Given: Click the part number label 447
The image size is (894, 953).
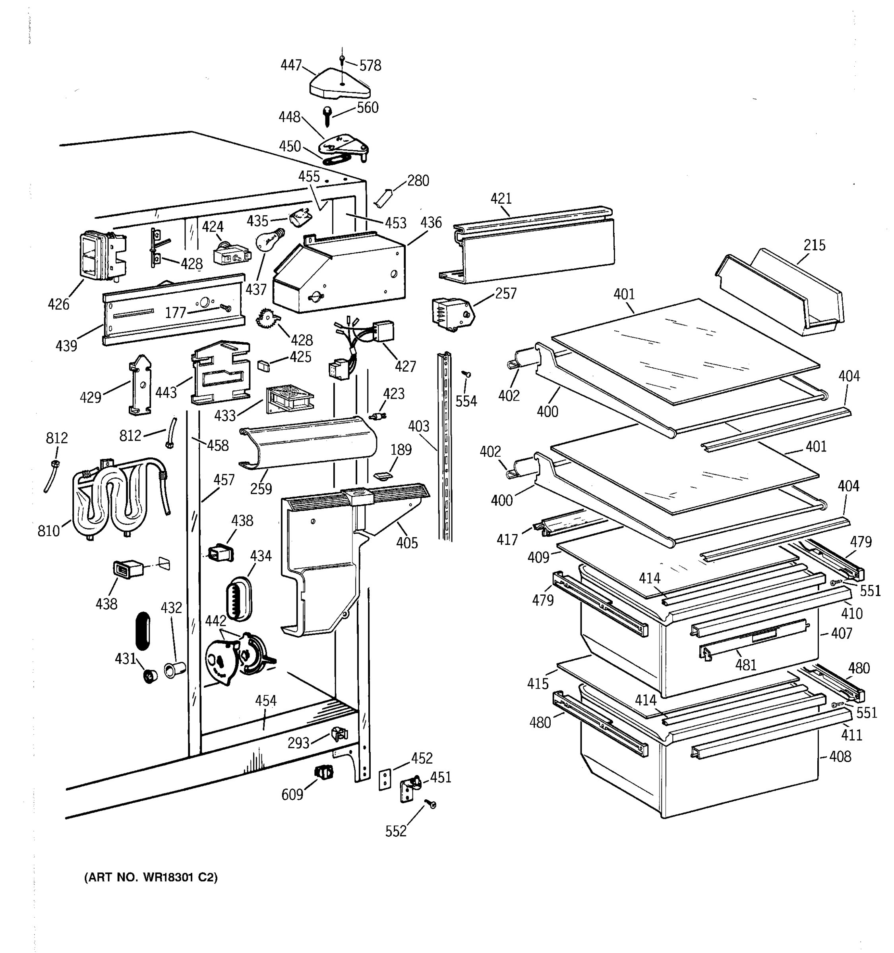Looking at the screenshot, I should tap(290, 65).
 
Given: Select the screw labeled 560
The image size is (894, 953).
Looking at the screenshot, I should tap(327, 116).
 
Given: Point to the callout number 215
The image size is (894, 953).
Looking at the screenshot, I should tap(815, 245).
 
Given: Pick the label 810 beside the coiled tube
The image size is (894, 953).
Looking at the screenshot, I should tap(49, 531).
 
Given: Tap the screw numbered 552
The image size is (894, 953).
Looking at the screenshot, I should tap(432, 805).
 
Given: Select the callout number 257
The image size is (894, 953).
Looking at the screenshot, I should tap(505, 293).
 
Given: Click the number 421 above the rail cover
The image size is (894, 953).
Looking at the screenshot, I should tap(501, 199).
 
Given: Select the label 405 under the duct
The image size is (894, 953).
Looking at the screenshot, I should tap(407, 543).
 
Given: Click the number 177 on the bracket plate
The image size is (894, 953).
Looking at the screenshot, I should tap(176, 313).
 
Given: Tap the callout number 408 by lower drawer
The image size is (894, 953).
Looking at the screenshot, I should tap(840, 756).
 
